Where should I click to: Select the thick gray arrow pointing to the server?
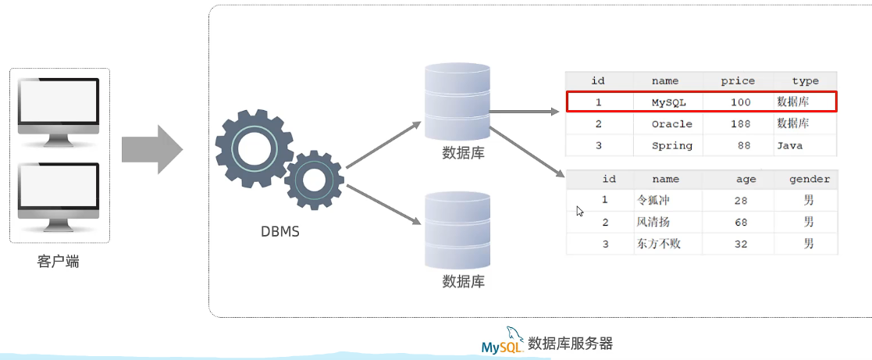click(x=151, y=148)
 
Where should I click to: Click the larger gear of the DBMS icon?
click(x=253, y=148)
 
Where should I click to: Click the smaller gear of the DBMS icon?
click(x=314, y=180)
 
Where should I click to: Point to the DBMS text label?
click(x=279, y=231)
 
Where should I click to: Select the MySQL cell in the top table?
click(x=668, y=102)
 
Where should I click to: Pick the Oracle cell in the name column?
click(x=671, y=124)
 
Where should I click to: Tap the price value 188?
click(x=741, y=124)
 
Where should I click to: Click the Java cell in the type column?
click(x=789, y=145)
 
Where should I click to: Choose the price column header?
click(x=738, y=80)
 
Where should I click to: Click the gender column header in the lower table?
click(x=809, y=179)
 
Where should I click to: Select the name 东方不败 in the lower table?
click(x=659, y=244)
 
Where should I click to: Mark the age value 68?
click(x=741, y=223)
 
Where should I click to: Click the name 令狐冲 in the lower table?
click(x=653, y=201)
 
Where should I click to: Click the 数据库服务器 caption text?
click(x=571, y=343)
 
